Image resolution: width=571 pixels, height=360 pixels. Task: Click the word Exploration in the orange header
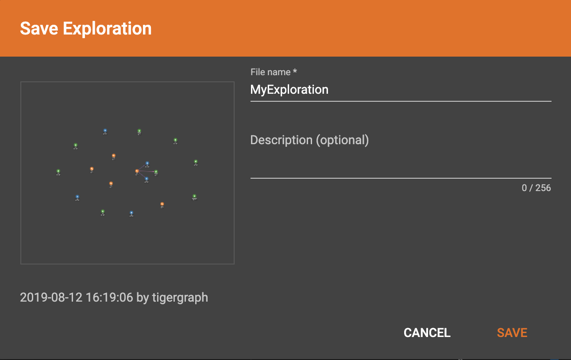pyautogui.click(x=107, y=29)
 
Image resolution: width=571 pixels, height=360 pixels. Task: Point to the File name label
pyautogui.click(x=270, y=72)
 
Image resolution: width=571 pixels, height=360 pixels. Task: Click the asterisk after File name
pyautogui.click(x=295, y=72)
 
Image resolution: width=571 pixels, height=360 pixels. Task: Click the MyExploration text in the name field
pyautogui.click(x=289, y=90)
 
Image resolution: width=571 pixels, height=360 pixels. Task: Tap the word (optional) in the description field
pyautogui.click(x=342, y=140)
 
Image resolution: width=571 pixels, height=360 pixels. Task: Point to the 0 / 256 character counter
pyautogui.click(x=536, y=188)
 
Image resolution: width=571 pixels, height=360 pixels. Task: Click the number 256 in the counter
pyautogui.click(x=543, y=188)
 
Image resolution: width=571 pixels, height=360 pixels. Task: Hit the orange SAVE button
pyautogui.click(x=512, y=333)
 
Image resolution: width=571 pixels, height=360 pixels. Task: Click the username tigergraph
pyautogui.click(x=180, y=298)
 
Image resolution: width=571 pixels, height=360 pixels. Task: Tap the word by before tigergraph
pyautogui.click(x=143, y=298)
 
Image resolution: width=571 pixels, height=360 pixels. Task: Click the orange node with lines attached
pyautogui.click(x=137, y=171)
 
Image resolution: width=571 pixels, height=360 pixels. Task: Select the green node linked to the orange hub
pyautogui.click(x=156, y=172)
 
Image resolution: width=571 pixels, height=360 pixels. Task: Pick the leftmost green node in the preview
pyautogui.click(x=58, y=171)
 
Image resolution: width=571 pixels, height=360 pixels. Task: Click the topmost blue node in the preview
pyautogui.click(x=105, y=130)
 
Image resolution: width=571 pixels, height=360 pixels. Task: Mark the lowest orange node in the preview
pyautogui.click(x=162, y=204)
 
